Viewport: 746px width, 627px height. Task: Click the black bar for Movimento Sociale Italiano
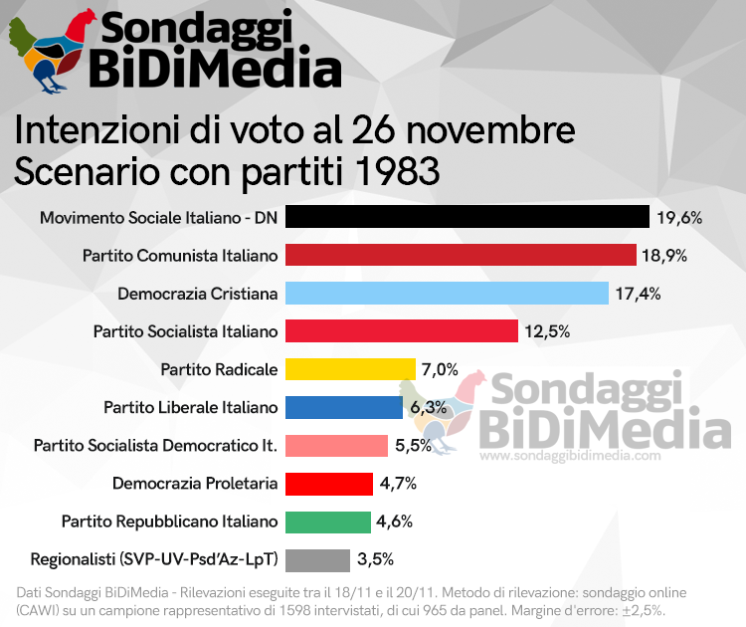click(466, 217)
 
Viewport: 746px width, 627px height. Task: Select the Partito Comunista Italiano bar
click(461, 255)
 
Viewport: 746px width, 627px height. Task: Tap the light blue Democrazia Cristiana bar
click(447, 293)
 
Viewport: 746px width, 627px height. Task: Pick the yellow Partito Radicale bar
click(350, 368)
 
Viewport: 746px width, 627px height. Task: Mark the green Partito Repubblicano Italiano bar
click(327, 522)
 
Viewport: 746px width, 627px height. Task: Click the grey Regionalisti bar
click(317, 559)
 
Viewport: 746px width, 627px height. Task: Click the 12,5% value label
click(547, 330)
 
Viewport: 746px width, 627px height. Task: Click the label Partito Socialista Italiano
click(185, 330)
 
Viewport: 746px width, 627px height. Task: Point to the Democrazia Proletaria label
click(195, 484)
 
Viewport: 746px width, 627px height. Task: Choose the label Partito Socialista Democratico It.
click(155, 445)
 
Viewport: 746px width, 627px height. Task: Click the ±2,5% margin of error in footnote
click(642, 609)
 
